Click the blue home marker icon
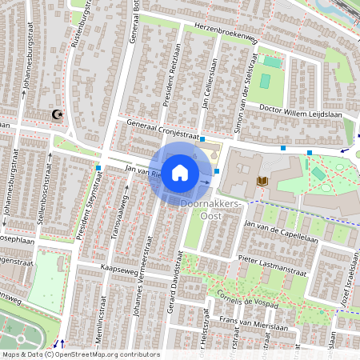click(x=180, y=173)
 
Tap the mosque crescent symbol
click(x=57, y=115)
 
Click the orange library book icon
click(x=262, y=182)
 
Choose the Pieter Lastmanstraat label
click(x=273, y=266)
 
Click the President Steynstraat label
click(x=90, y=210)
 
